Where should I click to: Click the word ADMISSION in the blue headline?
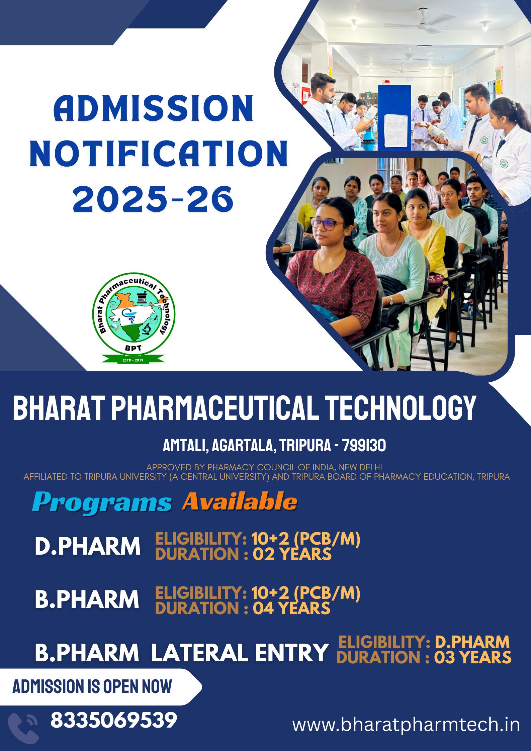click(154, 108)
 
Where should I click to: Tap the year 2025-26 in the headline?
click(153, 199)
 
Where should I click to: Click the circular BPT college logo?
click(134, 314)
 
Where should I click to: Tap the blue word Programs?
click(102, 502)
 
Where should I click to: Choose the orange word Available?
click(240, 501)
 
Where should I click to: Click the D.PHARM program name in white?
click(88, 546)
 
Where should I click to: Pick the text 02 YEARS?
click(292, 554)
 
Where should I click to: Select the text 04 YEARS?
click(291, 608)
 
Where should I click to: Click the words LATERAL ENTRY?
click(240, 653)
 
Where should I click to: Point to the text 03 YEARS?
click(473, 657)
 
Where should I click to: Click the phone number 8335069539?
click(114, 720)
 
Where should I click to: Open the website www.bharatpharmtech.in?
click(406, 725)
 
